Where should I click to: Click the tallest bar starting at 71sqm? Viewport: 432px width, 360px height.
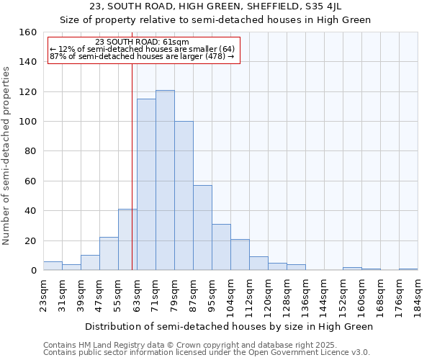pyautogui.click(x=165, y=180)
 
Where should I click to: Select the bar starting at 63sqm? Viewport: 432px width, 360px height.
pyautogui.click(x=146, y=184)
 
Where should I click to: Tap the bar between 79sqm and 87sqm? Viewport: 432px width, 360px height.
pyautogui.click(x=184, y=196)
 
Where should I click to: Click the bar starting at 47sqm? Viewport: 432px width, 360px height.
pyautogui.click(x=109, y=254)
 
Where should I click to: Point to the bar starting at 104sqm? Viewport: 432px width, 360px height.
pyautogui.click(x=240, y=255)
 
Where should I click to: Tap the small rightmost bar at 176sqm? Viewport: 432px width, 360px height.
pyautogui.click(x=408, y=269)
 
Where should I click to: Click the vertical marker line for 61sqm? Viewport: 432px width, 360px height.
pyautogui.click(x=132, y=166)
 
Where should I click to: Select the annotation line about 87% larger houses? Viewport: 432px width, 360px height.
pyautogui.click(x=142, y=56)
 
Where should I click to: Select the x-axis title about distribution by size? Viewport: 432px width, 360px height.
pyautogui.click(x=229, y=326)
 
